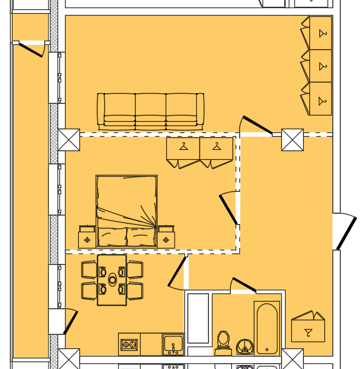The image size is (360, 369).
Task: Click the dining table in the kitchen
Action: tap(112, 280)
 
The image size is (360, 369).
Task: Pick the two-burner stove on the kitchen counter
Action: tap(129, 344)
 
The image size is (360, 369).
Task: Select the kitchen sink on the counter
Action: tap(173, 344)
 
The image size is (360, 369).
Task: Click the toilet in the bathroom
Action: tap(223, 343)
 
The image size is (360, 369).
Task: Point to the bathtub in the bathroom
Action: tap(267, 328)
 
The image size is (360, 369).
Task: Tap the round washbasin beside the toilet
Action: tap(245, 345)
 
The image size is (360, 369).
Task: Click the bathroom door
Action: tap(243, 285)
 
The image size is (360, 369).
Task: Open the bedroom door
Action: tap(228, 209)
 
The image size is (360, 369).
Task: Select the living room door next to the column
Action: tap(257, 125)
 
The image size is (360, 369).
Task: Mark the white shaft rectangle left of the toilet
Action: tap(198, 318)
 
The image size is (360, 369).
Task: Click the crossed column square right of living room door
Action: tap(292, 140)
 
